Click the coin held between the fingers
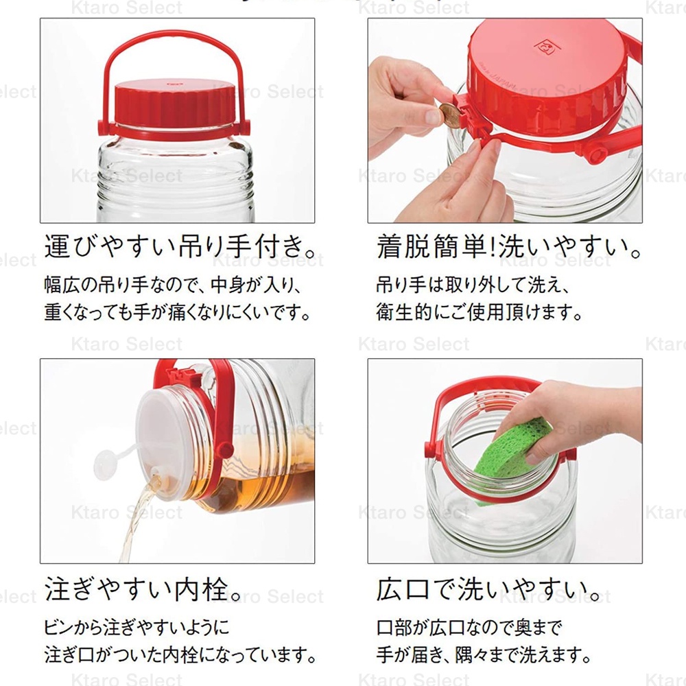(x=450, y=115)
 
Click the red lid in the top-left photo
(x=175, y=104)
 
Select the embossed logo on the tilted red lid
(x=546, y=46)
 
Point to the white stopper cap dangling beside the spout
(x=105, y=464)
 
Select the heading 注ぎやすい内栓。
(x=143, y=589)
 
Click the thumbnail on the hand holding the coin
(x=433, y=117)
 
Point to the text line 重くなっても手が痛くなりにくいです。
(x=178, y=312)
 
